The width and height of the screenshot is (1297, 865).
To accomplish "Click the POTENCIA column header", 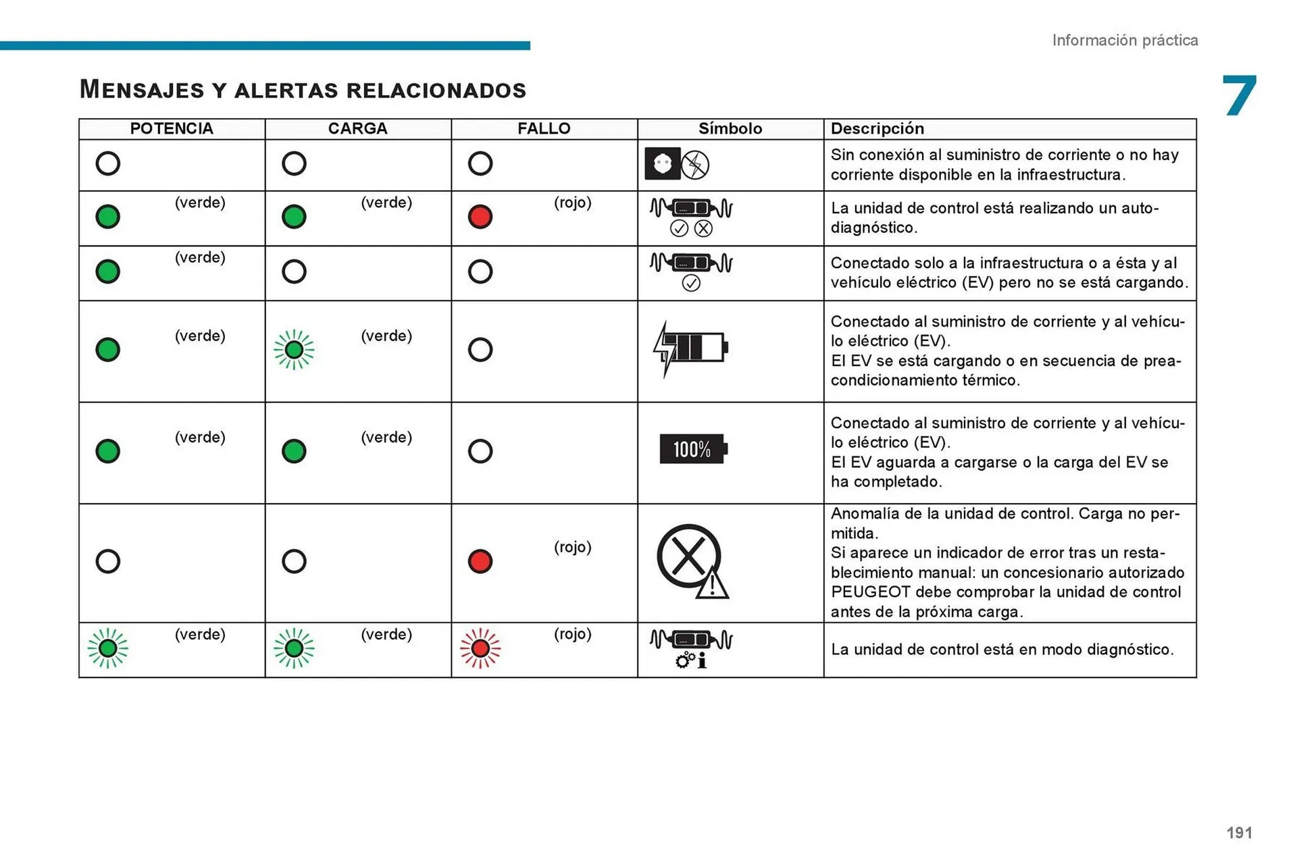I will pos(171,128).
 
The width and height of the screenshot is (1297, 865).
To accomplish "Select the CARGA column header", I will pos(357,128).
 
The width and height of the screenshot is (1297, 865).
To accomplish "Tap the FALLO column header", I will pos(544,128).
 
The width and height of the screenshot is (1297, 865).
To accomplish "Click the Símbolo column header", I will pos(730,128).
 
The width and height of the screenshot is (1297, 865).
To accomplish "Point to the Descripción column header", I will pos(877,128).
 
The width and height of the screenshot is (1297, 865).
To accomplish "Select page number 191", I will pos(1239,833).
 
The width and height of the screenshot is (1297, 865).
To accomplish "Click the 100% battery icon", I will pos(693,449).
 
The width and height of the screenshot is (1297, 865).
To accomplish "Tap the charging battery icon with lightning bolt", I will pos(690,348).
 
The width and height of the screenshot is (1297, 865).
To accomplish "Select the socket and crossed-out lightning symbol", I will pos(676,164).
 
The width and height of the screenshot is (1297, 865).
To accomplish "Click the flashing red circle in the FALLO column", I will pos(480,648).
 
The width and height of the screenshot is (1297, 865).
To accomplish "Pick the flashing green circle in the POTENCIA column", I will pos(108,648).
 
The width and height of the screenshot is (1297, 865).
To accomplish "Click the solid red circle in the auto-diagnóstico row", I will pos(480,217).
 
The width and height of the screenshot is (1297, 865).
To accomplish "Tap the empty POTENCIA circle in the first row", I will pos(108,163).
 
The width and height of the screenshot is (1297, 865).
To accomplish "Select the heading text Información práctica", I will pos(1125,41).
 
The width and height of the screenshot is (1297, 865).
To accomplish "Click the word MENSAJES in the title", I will pos(142,90).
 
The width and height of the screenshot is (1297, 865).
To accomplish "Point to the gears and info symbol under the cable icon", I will pos(690,660).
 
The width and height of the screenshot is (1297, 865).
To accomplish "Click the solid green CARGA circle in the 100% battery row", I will pos(294,451).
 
